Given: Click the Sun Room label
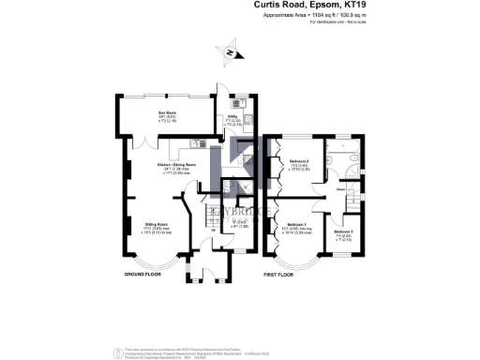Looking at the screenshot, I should click(161, 113).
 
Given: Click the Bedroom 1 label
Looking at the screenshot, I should click(297, 227).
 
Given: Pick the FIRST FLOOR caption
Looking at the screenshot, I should click(281, 274).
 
